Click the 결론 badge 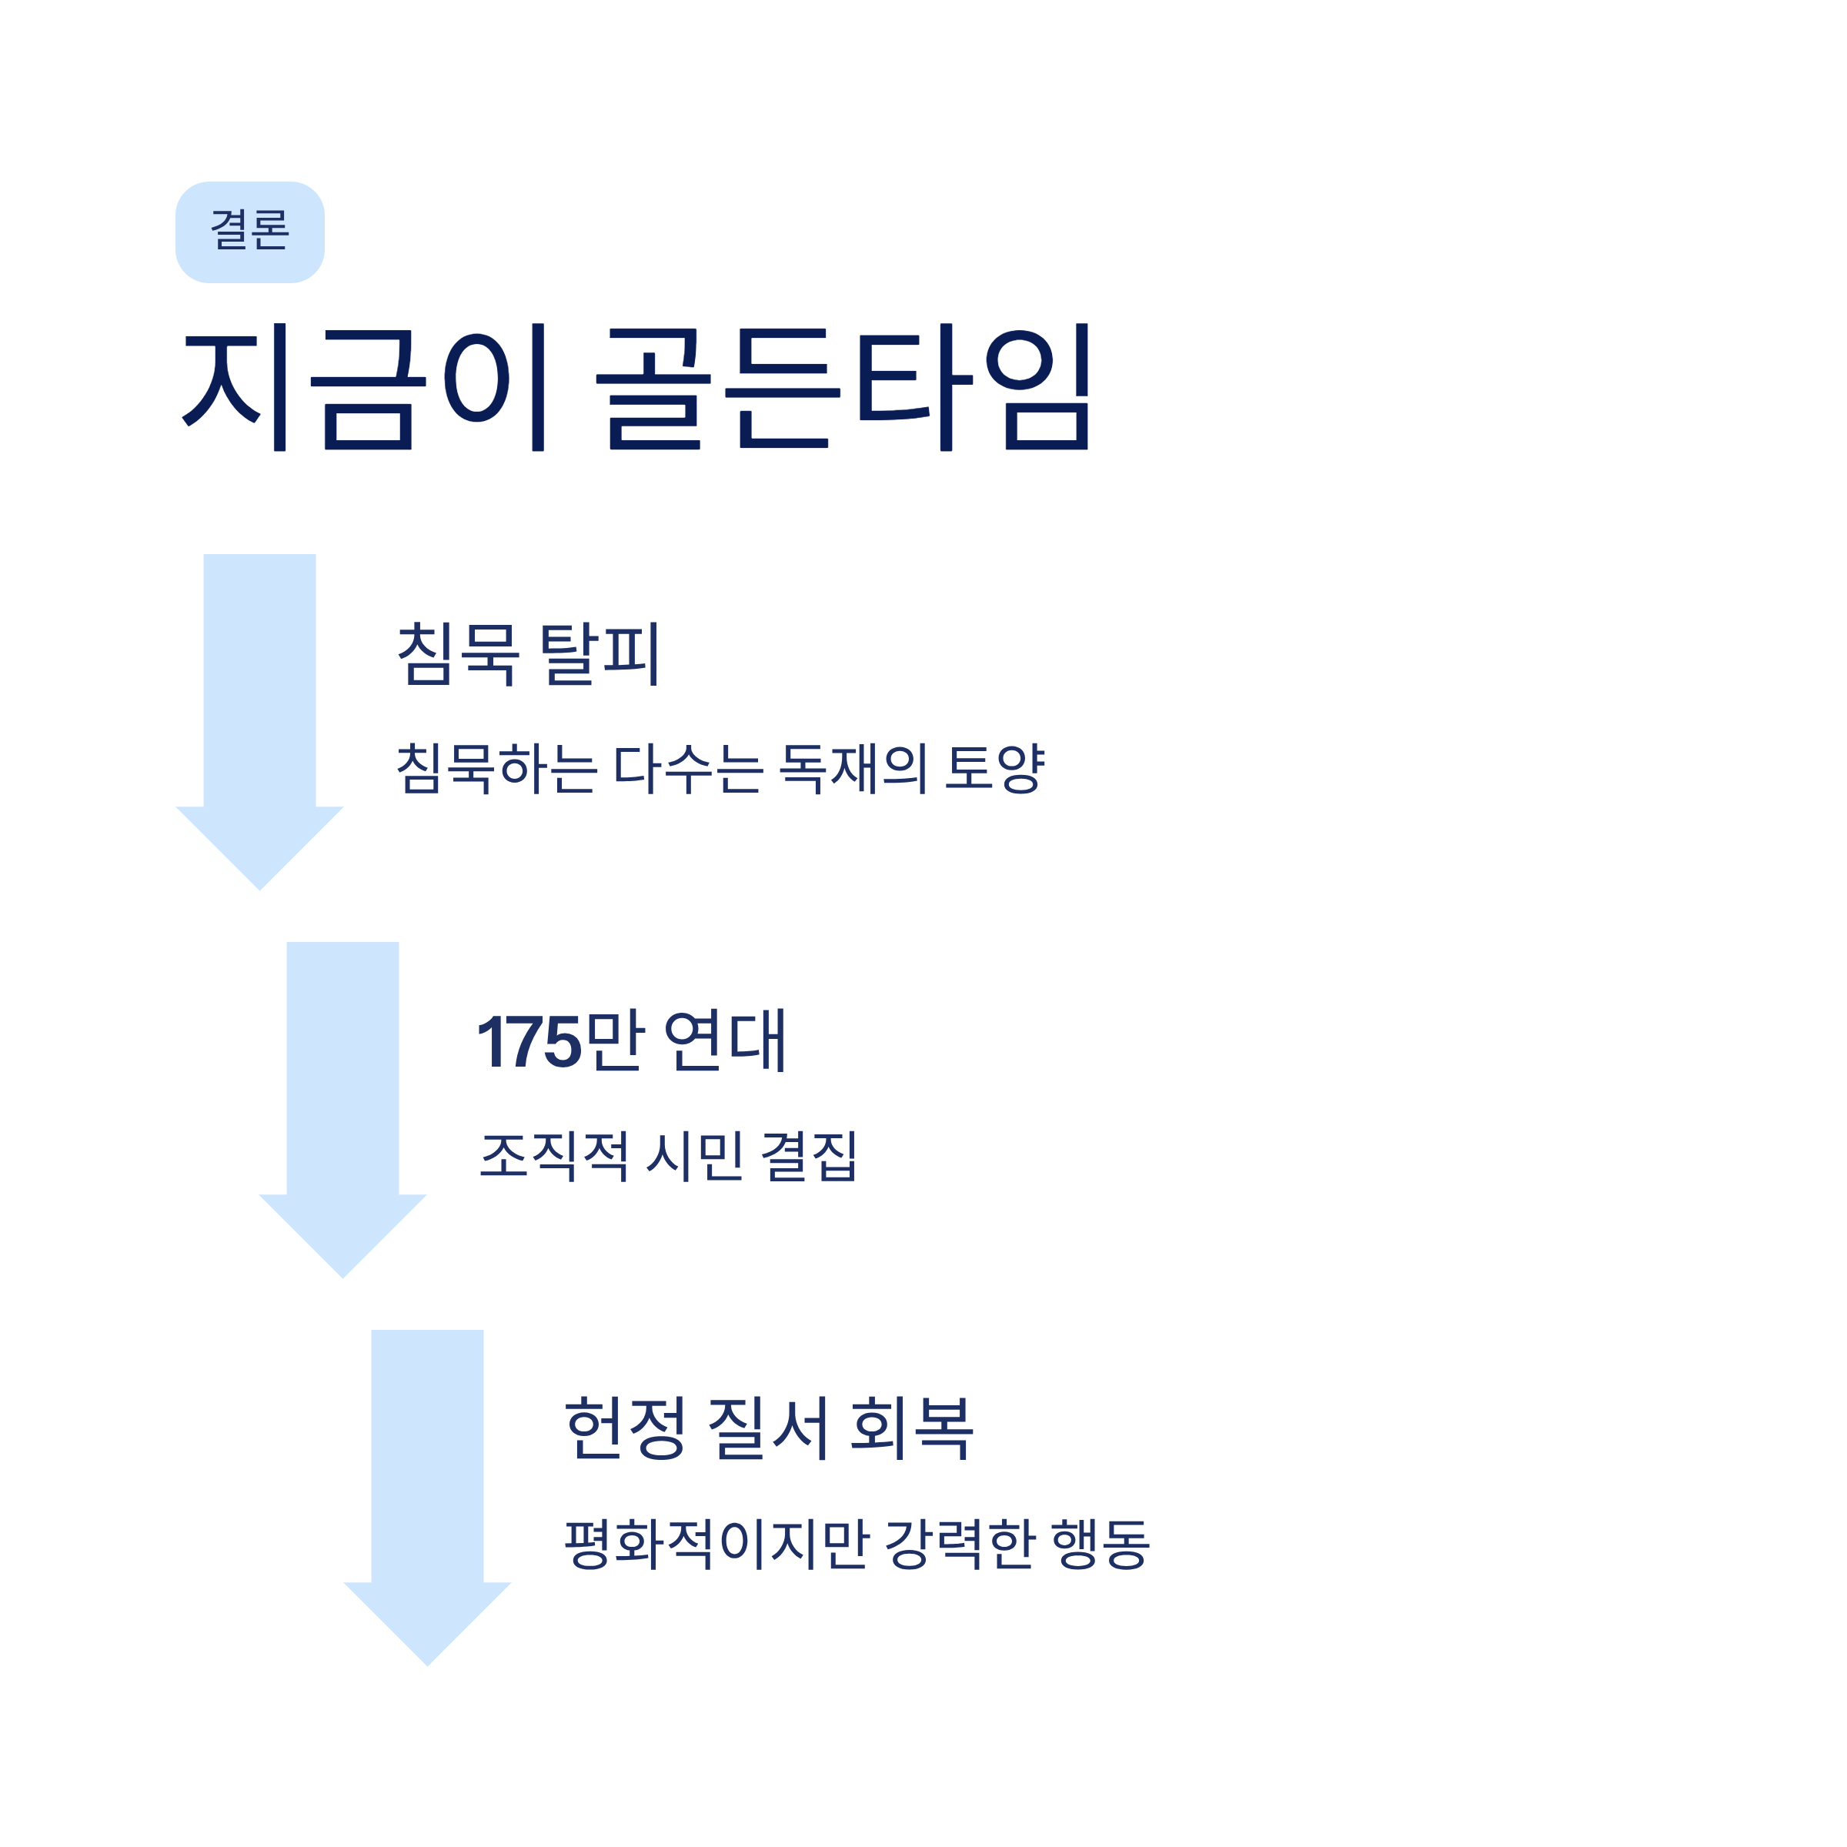click(x=249, y=232)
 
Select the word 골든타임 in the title click(x=842, y=387)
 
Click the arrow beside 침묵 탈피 click(x=259, y=707)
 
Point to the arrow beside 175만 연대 click(x=342, y=1094)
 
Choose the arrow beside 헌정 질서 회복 click(x=427, y=1481)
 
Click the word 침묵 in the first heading click(x=458, y=654)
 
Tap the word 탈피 click(x=600, y=654)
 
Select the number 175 click(x=529, y=1041)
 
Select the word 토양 click(x=994, y=768)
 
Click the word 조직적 click(x=554, y=1156)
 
